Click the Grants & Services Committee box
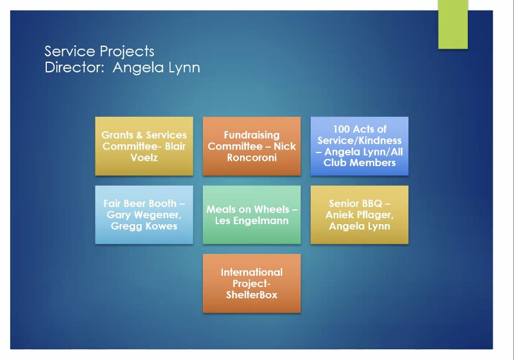144,146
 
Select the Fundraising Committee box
252,146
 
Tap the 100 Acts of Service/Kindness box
360,146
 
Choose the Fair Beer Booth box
144,215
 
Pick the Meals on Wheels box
252,215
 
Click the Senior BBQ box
360,215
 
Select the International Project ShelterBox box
252,283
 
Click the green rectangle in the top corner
453,24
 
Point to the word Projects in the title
127,52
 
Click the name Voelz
144,158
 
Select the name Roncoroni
252,158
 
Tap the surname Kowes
160,226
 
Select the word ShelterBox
252,295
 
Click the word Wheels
272,209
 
